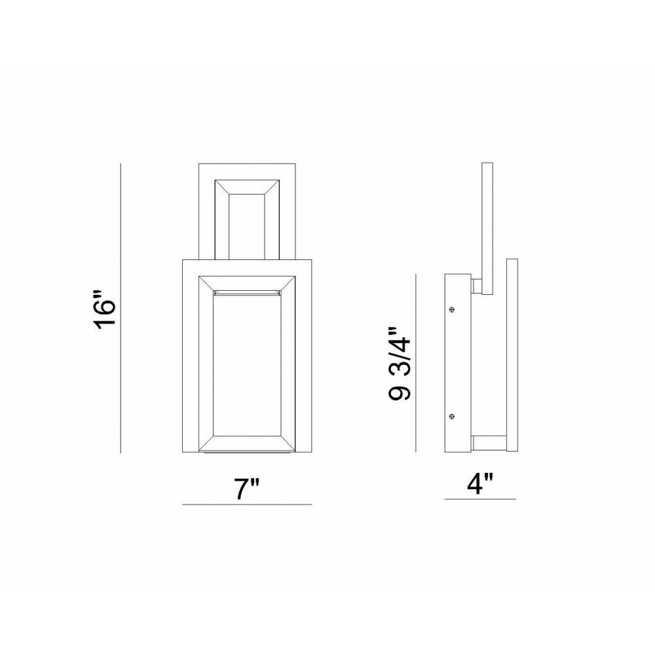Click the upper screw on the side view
point(452,310)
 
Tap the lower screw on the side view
point(451,416)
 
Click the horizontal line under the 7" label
point(247,504)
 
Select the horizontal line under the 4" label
point(480,498)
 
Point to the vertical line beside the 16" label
point(121,308)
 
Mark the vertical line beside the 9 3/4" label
point(416,363)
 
